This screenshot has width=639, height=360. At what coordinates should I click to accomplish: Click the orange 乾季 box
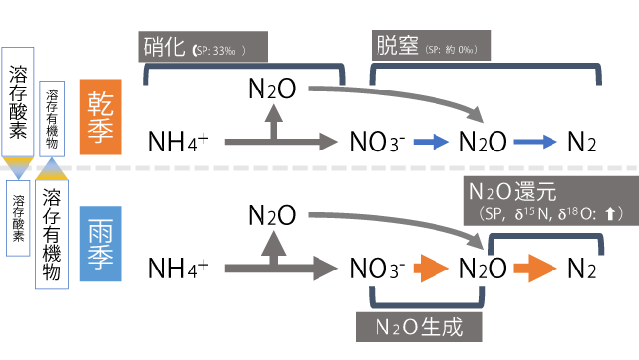(x=101, y=115)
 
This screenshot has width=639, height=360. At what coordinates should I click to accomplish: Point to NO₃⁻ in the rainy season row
(x=378, y=268)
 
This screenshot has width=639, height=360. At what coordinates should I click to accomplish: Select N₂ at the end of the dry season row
(x=581, y=142)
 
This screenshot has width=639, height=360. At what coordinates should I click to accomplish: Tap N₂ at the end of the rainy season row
(x=581, y=268)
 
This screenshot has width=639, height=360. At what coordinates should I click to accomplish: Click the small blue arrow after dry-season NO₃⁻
(x=429, y=142)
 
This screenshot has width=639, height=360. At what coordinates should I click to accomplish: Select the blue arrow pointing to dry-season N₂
(x=537, y=142)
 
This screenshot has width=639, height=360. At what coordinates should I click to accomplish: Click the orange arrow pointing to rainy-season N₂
(x=537, y=268)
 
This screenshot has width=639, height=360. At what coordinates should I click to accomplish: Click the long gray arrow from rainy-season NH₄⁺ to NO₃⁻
(x=280, y=268)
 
